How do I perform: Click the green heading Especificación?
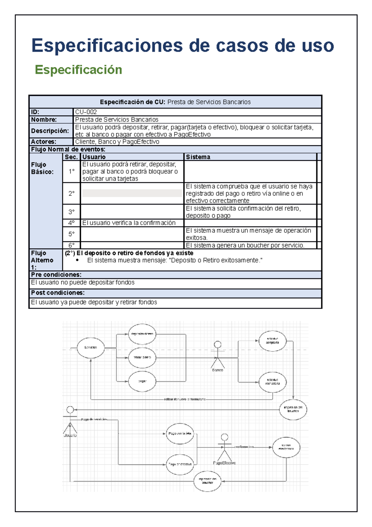coord(78,70)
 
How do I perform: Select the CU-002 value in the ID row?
coord(86,112)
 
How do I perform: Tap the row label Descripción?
coord(50,131)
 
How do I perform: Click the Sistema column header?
coord(198,157)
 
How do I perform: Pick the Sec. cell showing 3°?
coord(71,212)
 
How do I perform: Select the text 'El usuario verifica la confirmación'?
coord(129,223)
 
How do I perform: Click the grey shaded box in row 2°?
coord(132,193)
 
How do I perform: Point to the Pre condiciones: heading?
coord(56,275)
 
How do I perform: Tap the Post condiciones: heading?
coord(58,293)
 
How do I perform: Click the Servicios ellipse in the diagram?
coord(91,348)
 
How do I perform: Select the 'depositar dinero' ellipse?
coord(142,334)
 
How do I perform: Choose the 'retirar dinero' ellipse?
coord(142,358)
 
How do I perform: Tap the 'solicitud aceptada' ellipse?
coord(272,341)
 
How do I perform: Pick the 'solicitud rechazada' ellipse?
coord(272,382)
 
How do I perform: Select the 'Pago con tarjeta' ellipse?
coord(180,434)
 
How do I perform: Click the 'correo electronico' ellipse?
coord(286,447)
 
